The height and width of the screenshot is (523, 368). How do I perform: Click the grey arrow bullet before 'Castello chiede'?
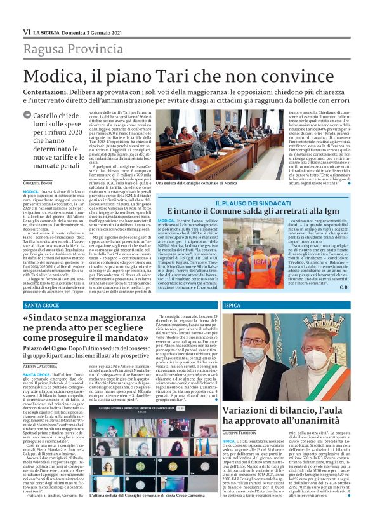pos(27,116)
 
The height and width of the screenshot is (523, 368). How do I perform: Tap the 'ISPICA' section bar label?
pos(233,306)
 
